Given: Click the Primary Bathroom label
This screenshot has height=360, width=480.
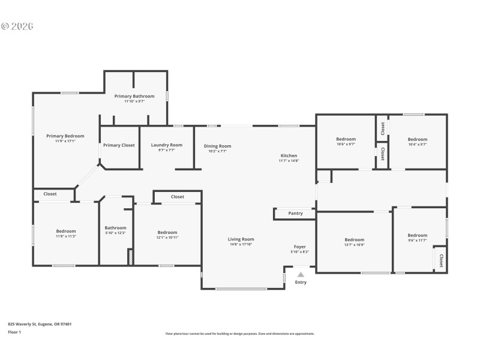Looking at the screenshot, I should pyautogui.click(x=134, y=96).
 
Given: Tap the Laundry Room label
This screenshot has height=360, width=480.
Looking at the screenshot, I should pyautogui.click(x=166, y=145).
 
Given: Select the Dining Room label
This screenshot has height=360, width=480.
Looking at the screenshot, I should pyautogui.click(x=217, y=146).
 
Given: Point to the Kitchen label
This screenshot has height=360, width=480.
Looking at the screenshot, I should pyautogui.click(x=289, y=155).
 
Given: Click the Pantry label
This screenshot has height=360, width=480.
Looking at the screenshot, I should pyautogui.click(x=295, y=213).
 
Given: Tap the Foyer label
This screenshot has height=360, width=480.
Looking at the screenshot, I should pyautogui.click(x=299, y=247).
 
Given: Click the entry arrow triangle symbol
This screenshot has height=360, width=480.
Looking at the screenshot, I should pyautogui.click(x=301, y=274).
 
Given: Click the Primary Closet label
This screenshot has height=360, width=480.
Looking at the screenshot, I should pyautogui.click(x=119, y=145).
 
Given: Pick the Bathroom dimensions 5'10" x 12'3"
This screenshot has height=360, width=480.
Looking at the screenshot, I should pyautogui.click(x=115, y=233).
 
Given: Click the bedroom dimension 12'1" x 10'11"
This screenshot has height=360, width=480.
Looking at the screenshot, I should pyautogui.click(x=167, y=238).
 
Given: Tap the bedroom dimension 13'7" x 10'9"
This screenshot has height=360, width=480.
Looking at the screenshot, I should pyautogui.click(x=354, y=245).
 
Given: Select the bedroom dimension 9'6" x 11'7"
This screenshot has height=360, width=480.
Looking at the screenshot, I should pyautogui.click(x=417, y=241).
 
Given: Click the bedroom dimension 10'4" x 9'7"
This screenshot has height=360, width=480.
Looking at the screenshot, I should pyautogui.click(x=417, y=144).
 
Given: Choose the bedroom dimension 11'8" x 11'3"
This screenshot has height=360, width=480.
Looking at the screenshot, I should pyautogui.click(x=66, y=236).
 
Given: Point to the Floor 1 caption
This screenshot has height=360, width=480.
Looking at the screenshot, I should pyautogui.click(x=14, y=332).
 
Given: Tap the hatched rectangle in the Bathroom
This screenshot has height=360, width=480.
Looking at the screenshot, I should pyautogui.click(x=130, y=257).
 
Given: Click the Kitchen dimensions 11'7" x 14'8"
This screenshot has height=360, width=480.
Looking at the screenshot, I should pyautogui.click(x=289, y=161).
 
